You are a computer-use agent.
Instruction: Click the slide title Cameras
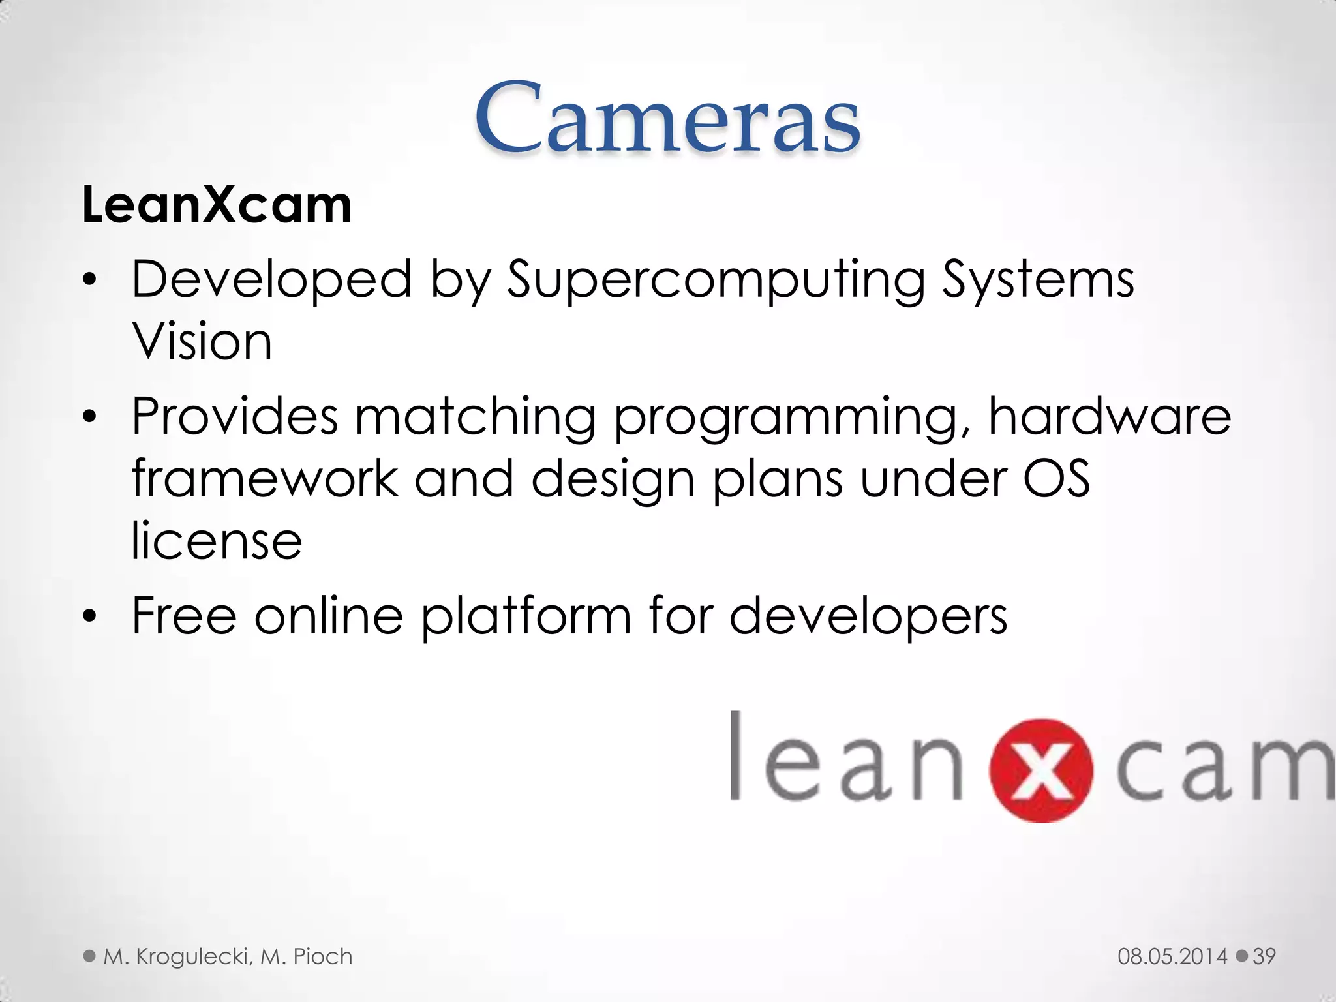(667, 118)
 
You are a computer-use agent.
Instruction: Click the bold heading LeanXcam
(217, 205)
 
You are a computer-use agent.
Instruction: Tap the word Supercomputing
(716, 281)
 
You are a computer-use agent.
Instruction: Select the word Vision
(202, 342)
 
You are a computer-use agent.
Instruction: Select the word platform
(526, 616)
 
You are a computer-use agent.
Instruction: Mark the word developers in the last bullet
(868, 616)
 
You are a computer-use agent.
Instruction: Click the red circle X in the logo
(1041, 770)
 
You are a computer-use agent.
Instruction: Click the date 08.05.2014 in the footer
(1172, 956)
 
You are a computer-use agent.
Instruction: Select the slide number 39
(1264, 956)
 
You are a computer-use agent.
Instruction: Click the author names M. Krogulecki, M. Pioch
(228, 956)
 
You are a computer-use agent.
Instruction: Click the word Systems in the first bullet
(1038, 281)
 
